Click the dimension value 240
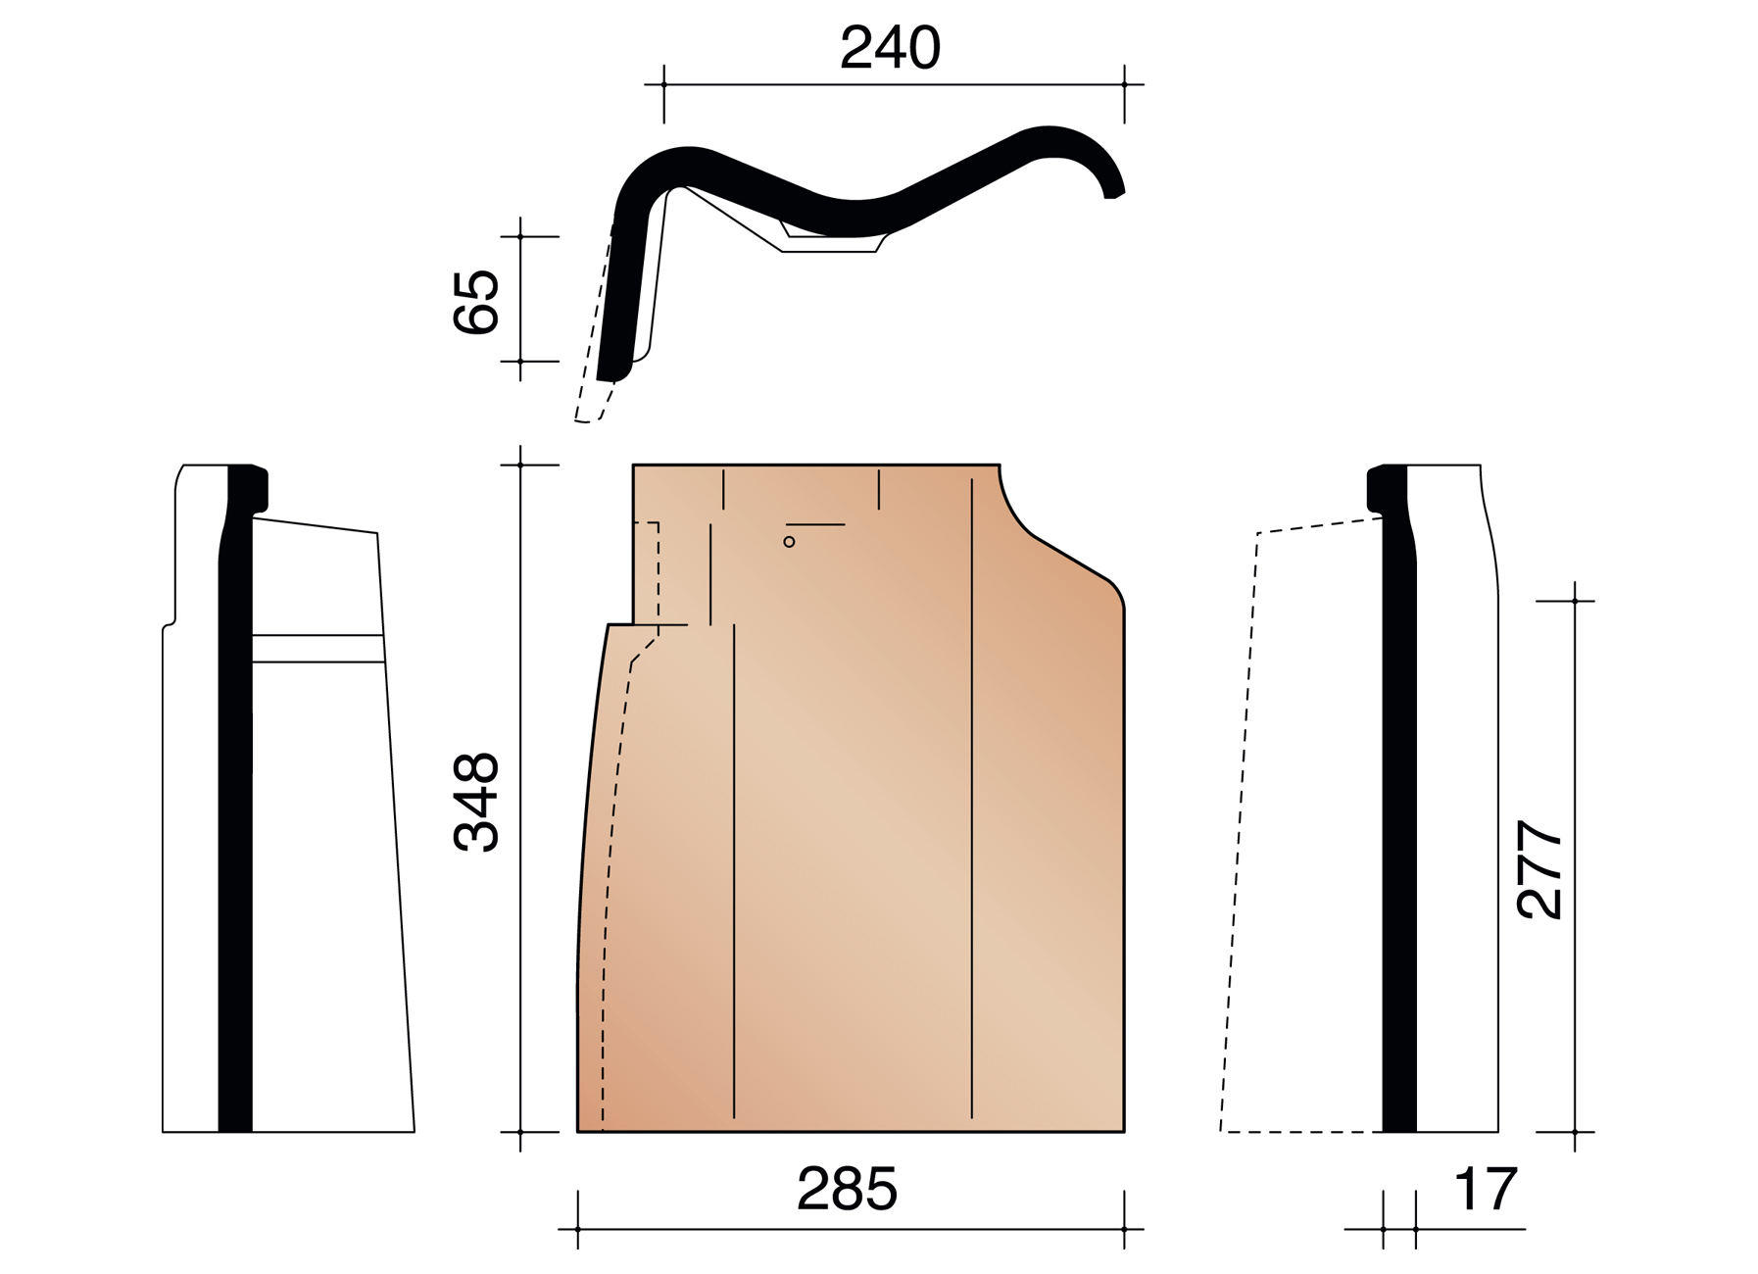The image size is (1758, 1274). pos(890,47)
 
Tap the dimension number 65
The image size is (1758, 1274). pos(476,302)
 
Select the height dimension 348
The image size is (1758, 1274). pos(476,802)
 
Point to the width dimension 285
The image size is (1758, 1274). pos(847,1189)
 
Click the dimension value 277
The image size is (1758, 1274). pos(1538,869)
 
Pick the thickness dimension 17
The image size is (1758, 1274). pos(1486,1189)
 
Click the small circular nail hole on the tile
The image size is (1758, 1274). pos(789,542)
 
